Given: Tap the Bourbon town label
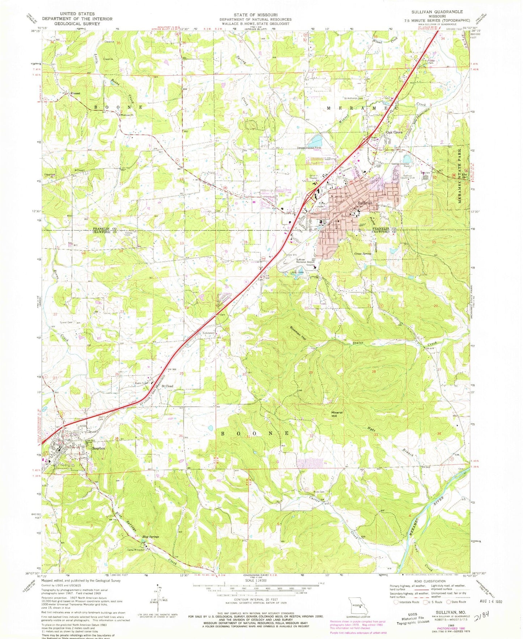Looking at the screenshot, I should click(99, 448).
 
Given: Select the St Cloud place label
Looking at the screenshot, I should click(167, 386).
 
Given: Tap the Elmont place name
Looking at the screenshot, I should click(75, 93).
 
